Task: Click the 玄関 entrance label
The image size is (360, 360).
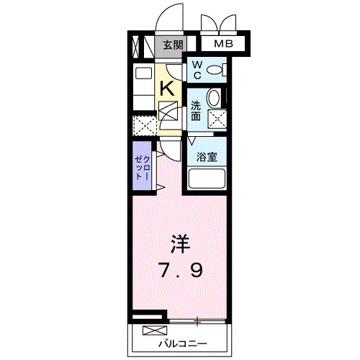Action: coord(170,45)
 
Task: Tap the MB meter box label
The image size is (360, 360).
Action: coord(225,45)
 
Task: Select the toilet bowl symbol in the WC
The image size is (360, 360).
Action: coord(216,70)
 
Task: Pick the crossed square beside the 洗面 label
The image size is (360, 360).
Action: coord(217,119)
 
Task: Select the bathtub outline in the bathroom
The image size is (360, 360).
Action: coord(207,178)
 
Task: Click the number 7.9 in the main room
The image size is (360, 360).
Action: coord(181,271)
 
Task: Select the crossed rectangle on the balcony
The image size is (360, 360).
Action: coord(153,330)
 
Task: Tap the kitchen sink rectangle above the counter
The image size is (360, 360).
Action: coord(143,73)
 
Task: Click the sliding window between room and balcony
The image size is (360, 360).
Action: coord(198,318)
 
